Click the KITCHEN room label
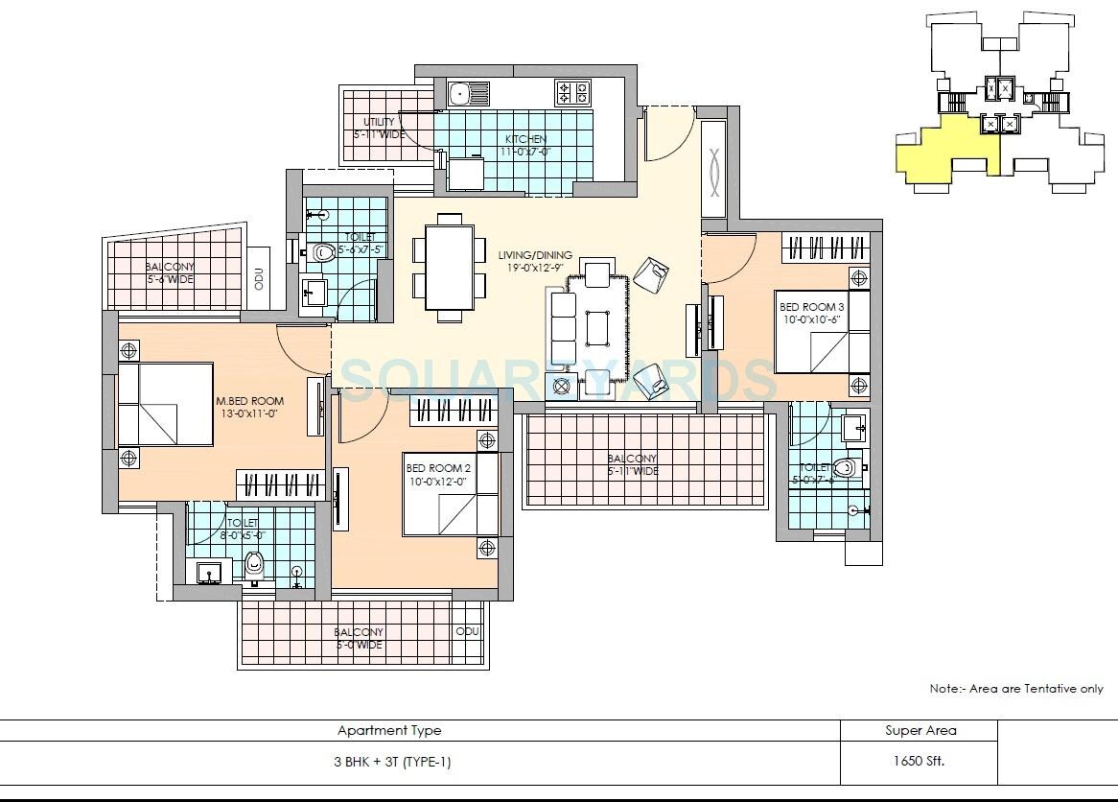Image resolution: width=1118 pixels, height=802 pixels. click(525, 139)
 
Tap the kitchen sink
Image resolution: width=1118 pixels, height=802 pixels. click(469, 94)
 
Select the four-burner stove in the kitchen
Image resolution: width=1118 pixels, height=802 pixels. click(573, 93)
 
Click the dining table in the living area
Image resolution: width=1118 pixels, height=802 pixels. click(449, 268)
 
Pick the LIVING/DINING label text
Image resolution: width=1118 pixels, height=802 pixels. click(535, 255)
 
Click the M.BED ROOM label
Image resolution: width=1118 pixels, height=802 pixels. click(249, 401)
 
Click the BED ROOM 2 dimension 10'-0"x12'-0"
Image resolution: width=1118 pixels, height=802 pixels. click(438, 483)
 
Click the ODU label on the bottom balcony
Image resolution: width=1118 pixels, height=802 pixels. click(467, 632)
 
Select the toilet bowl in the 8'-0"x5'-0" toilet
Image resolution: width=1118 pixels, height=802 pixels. click(254, 563)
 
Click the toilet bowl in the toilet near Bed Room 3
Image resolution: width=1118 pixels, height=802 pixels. click(844, 468)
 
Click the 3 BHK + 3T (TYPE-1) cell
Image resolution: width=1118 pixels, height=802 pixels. click(389, 762)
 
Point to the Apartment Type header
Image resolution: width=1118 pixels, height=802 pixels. click(389, 730)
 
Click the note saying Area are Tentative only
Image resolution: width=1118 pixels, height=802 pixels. click(1016, 689)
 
